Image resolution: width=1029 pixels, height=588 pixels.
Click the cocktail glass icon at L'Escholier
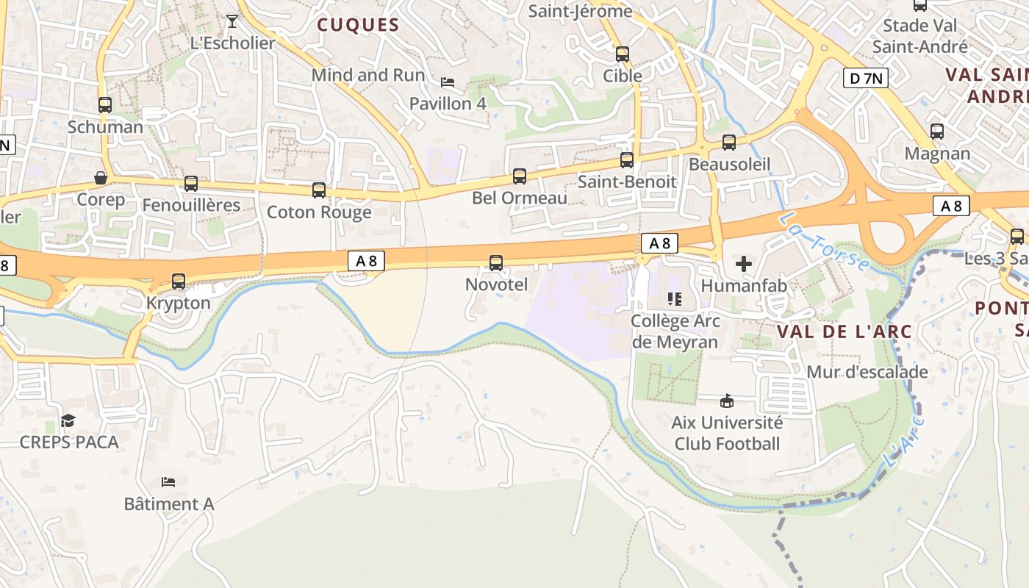click(232, 21)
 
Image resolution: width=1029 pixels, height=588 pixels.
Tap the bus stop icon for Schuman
click(105, 105)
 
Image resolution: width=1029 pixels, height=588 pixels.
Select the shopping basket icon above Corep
click(101, 178)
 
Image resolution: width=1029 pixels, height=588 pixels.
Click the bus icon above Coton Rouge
click(319, 190)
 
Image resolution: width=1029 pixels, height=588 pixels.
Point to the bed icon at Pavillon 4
click(448, 82)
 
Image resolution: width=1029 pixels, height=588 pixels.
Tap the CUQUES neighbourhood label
click(358, 25)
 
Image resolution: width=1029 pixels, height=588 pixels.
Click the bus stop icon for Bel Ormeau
click(520, 176)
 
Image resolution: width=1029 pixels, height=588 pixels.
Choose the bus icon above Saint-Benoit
click(627, 159)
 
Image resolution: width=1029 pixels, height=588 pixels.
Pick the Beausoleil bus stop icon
click(729, 143)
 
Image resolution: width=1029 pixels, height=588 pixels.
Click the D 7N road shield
click(865, 78)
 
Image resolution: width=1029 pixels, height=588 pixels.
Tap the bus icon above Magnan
click(937, 132)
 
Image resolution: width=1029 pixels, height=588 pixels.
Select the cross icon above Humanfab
click(744, 263)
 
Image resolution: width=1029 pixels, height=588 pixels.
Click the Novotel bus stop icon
click(496, 263)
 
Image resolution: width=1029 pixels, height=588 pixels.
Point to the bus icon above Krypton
click(179, 281)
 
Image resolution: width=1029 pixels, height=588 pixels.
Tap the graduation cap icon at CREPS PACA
click(68, 420)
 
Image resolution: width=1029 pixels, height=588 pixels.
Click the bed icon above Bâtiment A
click(168, 482)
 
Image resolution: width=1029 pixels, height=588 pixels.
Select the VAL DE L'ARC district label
click(844, 331)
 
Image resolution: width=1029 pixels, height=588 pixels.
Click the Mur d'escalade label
click(867, 372)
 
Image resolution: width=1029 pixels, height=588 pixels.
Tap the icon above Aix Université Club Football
click(727, 401)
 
